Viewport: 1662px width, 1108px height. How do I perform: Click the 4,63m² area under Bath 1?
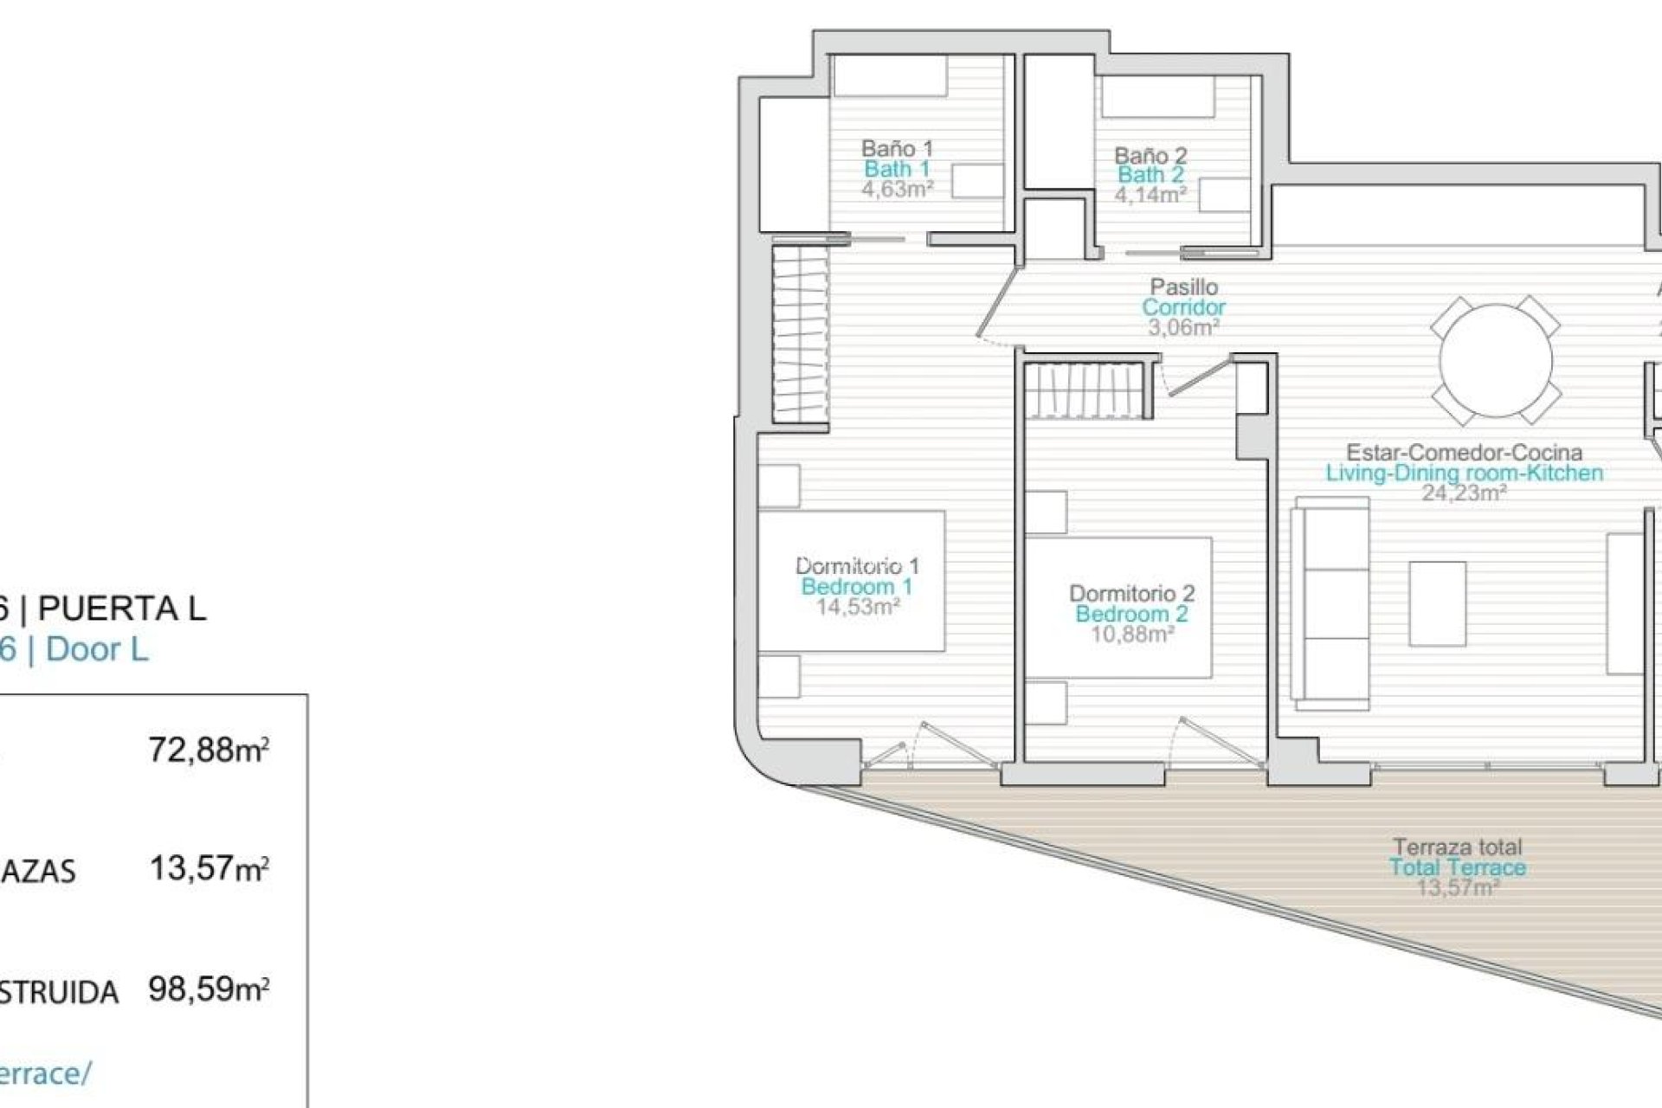pos(897,190)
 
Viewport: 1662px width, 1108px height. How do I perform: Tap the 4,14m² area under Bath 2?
pos(1150,195)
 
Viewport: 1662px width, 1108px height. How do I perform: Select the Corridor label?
pos(1183,307)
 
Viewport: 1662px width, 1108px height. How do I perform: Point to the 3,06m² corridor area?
pos(1183,327)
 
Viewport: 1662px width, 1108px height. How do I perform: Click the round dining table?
pos(1495,361)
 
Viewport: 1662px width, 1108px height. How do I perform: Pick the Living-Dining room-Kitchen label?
pos(1464,473)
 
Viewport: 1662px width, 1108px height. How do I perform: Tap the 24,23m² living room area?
pos(1464,493)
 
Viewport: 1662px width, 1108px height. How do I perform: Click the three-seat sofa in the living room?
pos(1330,597)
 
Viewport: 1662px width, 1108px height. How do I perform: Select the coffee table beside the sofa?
pos(1437,603)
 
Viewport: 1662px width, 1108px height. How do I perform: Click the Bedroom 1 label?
pos(856,586)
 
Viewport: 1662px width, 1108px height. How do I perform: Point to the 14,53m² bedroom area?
pos(857,606)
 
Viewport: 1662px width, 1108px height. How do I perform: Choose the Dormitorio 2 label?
pos(1131,594)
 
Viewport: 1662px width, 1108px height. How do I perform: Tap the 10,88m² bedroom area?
pos(1131,634)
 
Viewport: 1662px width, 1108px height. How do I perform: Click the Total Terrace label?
pos(1458,867)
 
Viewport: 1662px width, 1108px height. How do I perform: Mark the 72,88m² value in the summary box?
pos(209,750)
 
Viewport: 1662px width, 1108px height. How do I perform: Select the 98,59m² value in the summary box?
pos(209,988)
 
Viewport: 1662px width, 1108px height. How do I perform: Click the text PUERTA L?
pos(122,609)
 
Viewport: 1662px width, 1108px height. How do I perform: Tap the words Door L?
pos(97,649)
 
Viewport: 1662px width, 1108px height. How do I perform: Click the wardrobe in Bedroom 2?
pos(1088,390)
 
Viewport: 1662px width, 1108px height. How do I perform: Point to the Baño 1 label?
pos(897,148)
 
